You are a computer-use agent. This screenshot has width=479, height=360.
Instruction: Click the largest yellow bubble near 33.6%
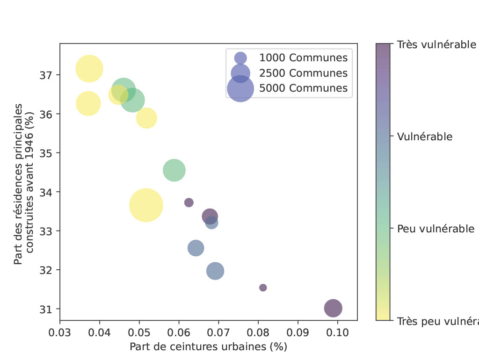pos(146,205)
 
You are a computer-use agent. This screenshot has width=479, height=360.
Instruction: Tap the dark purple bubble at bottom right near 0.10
pos(333,308)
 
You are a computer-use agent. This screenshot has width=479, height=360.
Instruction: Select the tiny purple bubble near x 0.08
pos(263,288)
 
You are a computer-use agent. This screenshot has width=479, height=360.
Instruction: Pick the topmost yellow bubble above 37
pos(89,69)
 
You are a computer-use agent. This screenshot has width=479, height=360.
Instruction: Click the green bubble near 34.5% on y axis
pos(174,170)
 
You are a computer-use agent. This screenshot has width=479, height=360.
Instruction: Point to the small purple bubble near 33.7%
pos(189,202)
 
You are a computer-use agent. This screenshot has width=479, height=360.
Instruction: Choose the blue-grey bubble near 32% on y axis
pos(215,271)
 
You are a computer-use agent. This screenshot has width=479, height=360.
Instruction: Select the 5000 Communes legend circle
pos(240,88)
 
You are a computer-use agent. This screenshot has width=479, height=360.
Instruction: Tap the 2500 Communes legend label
pos(304,73)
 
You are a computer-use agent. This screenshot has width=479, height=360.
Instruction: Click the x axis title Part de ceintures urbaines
pos(208,347)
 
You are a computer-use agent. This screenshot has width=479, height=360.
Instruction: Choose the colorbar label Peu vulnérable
pos(435,229)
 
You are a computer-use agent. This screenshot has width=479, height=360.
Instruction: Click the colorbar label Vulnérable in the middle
pos(425,137)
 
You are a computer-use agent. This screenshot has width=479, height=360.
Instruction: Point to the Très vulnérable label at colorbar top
pos(436,44)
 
